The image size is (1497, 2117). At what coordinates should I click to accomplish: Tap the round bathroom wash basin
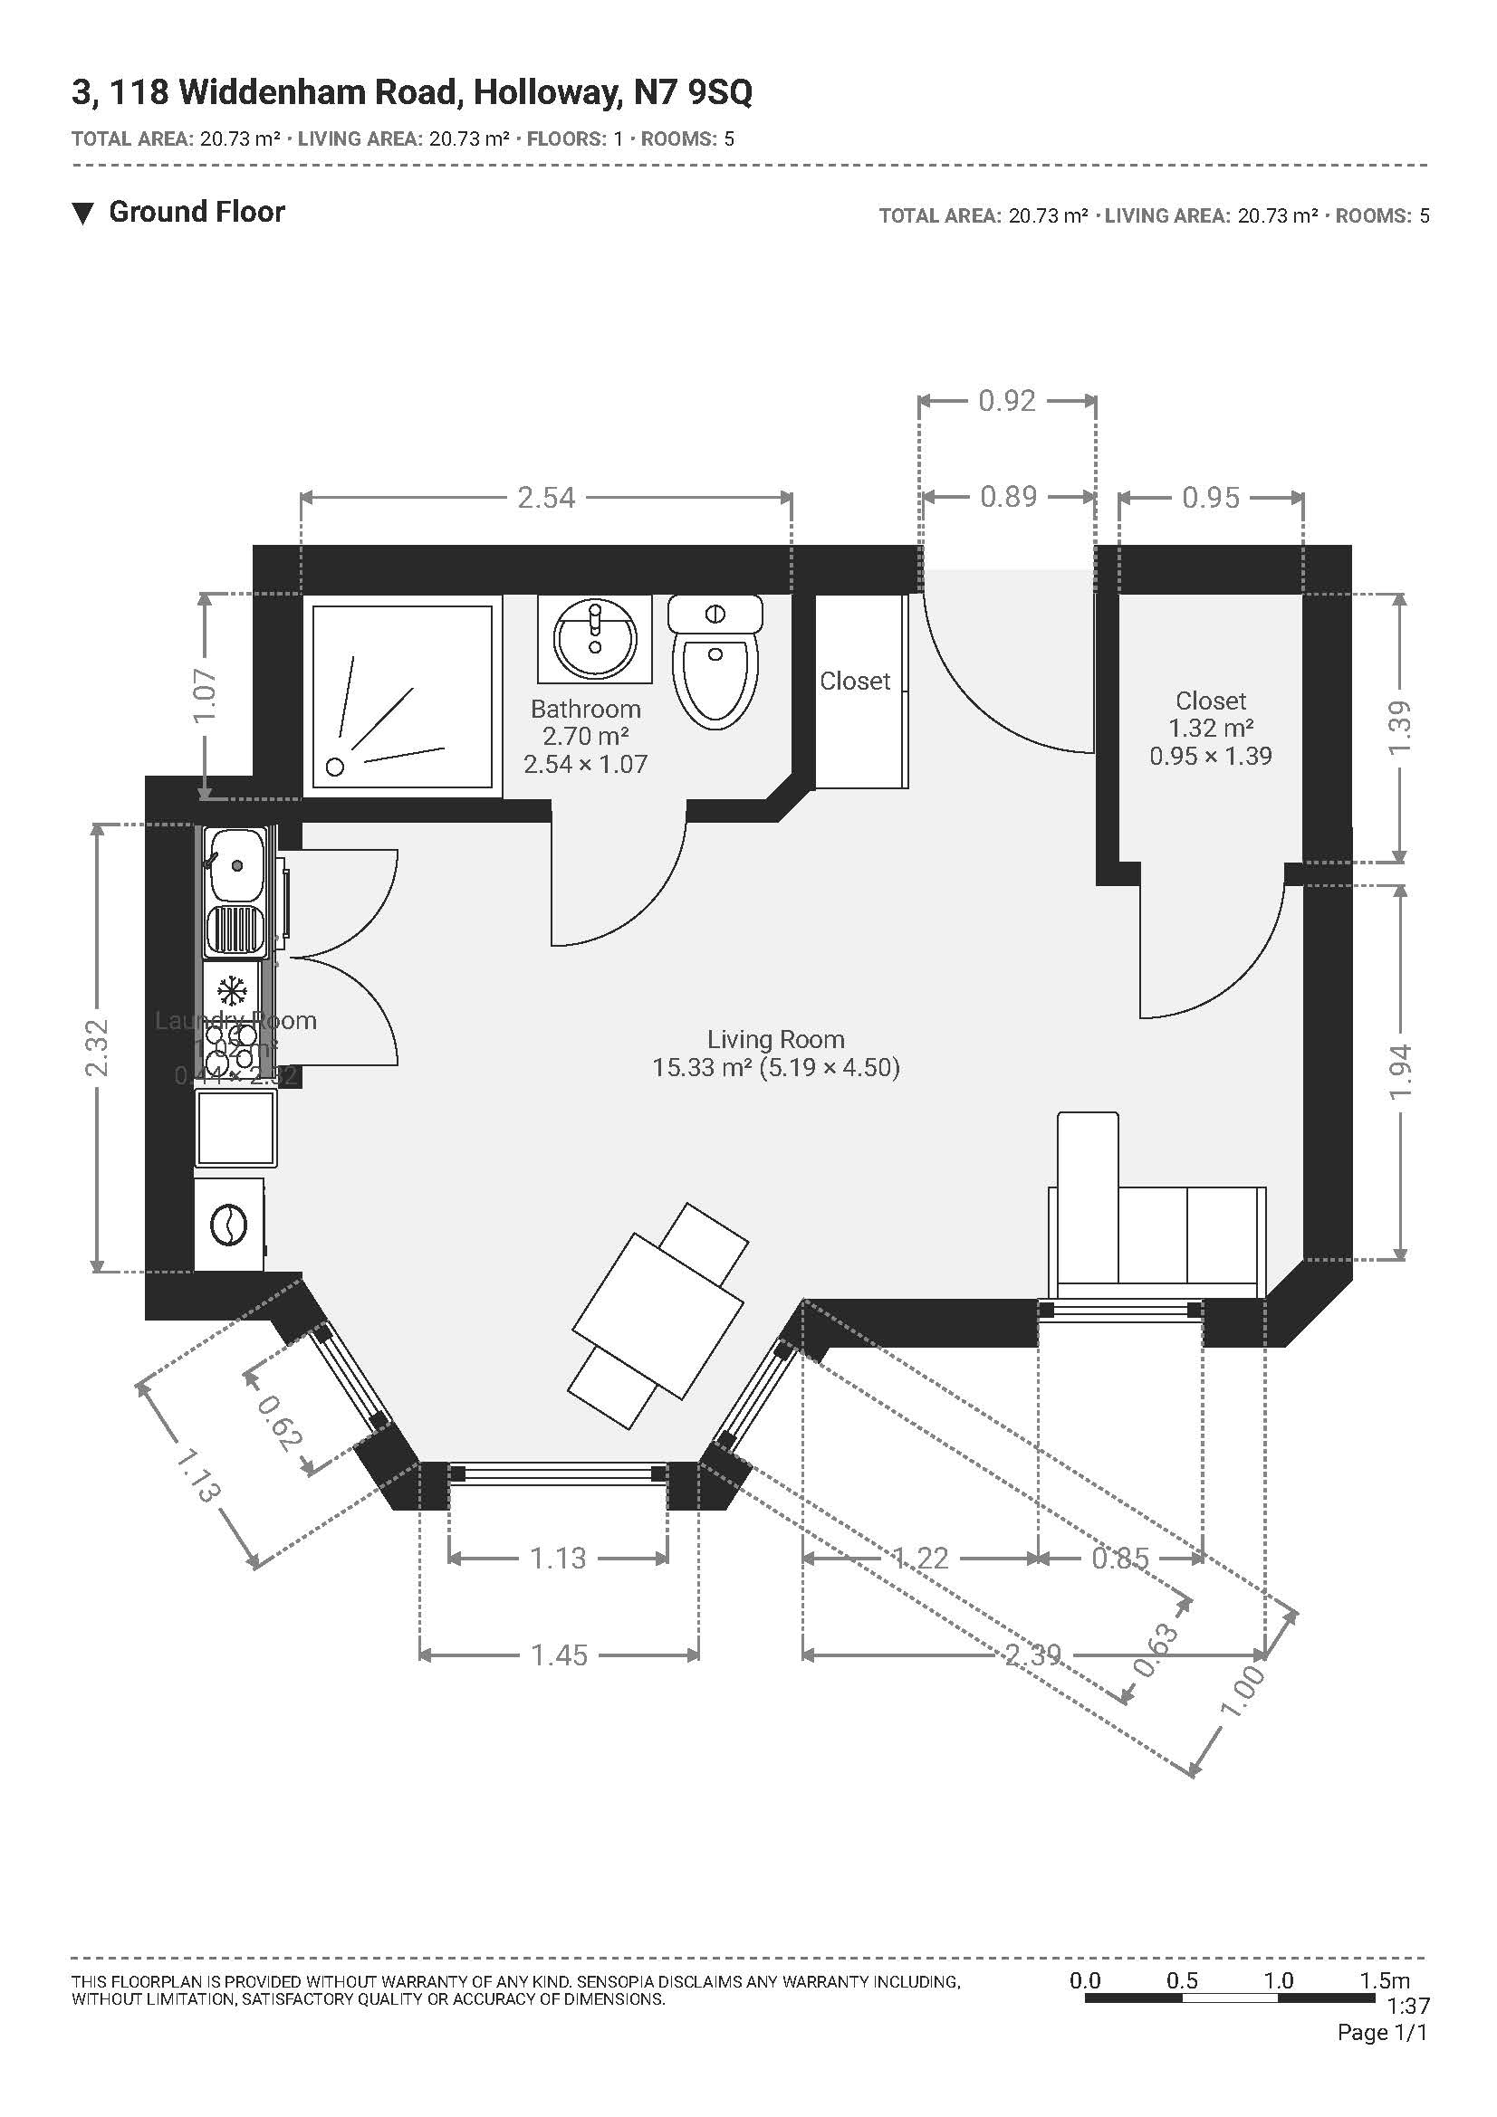click(595, 636)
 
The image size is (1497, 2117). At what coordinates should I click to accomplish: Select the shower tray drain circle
click(336, 767)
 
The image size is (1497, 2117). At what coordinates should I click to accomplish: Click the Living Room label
click(776, 1039)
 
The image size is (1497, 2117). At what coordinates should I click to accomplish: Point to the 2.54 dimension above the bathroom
click(546, 498)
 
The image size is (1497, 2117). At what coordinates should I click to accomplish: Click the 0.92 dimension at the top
click(1006, 401)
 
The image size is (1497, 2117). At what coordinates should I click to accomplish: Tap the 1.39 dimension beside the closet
click(1399, 729)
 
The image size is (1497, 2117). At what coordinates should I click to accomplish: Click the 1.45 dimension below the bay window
click(558, 1655)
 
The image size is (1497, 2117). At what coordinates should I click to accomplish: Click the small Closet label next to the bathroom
click(855, 682)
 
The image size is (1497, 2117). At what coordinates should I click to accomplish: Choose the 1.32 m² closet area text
click(1210, 729)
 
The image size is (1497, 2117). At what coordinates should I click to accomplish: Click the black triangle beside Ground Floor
click(83, 214)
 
